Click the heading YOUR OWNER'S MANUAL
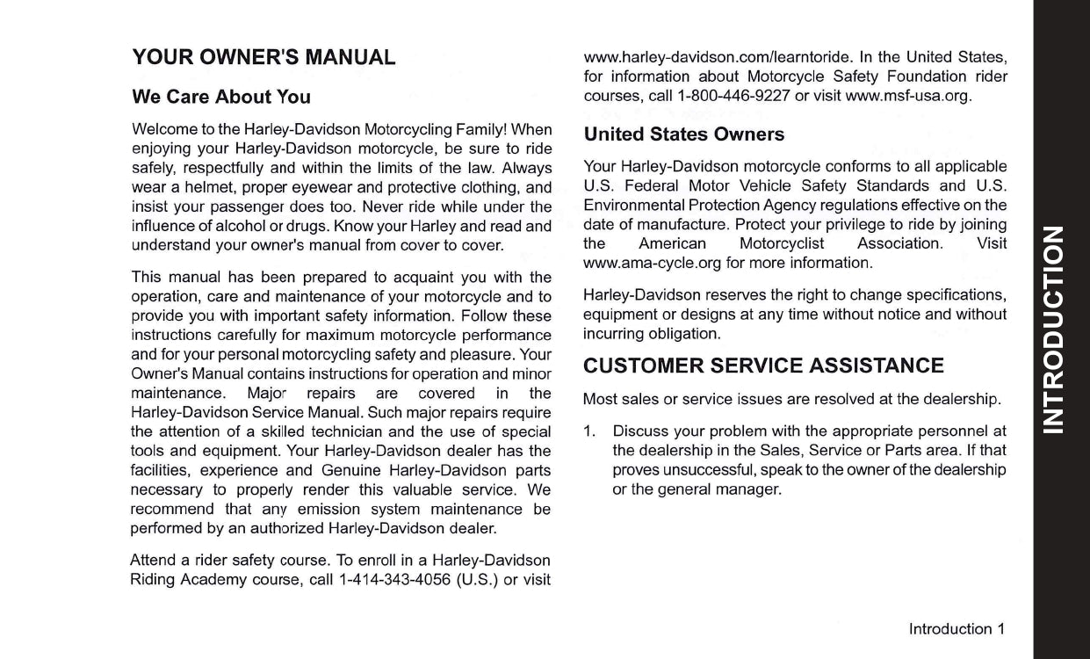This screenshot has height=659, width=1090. click(263, 59)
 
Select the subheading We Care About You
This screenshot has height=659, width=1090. click(220, 97)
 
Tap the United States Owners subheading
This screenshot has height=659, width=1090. click(683, 134)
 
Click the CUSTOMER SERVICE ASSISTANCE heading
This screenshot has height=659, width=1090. click(763, 366)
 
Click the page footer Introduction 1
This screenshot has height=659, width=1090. click(956, 629)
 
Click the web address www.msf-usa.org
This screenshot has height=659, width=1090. click(907, 96)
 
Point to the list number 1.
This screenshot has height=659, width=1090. click(590, 431)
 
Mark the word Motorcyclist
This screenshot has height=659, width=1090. click(781, 243)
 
